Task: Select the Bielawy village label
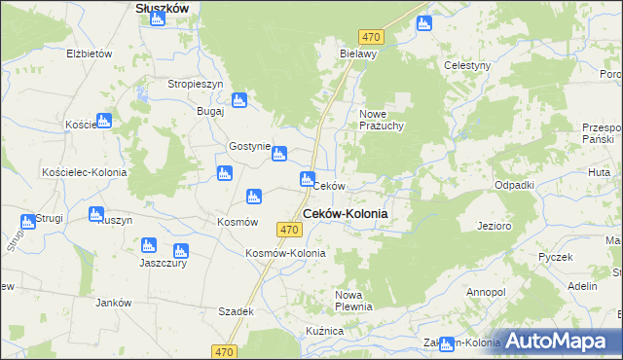tap(357, 54)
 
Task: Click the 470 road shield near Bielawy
tap(370, 37)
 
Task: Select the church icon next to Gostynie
tap(279, 153)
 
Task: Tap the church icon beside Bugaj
tap(238, 99)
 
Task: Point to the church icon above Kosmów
tap(254, 197)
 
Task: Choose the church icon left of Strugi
tap(28, 222)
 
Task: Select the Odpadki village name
tap(514, 185)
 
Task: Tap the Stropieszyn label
tap(197, 84)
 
